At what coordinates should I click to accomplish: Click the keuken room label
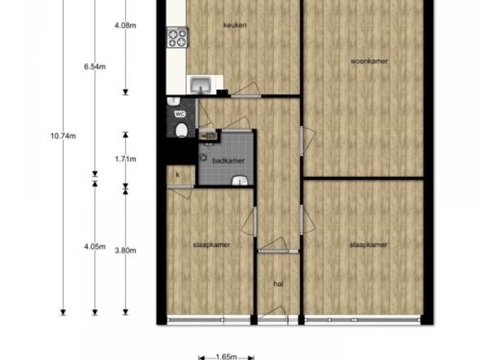pos(235,25)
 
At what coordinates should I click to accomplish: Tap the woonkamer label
pos(369,61)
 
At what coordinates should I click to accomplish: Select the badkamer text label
pos(228,160)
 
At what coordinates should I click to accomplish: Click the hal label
pos(278,284)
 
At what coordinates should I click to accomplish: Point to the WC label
pos(180,114)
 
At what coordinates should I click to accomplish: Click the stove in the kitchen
pos(177,37)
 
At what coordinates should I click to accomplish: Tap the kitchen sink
pos(200,85)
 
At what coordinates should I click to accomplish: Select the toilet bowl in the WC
pos(181,130)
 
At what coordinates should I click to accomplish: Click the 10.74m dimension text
pos(63,136)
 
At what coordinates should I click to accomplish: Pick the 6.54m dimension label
pos(95,67)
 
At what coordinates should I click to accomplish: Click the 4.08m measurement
pos(125,25)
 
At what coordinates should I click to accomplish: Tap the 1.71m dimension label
pos(125,159)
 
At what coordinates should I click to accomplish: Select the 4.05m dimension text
pos(95,247)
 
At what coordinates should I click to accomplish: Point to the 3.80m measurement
pos(125,250)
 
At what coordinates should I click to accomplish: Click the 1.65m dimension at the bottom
pos(226,357)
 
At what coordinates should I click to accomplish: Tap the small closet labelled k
pos(181,175)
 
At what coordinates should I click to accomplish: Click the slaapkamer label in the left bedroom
pos(211,245)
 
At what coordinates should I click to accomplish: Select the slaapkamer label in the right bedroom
pos(368,244)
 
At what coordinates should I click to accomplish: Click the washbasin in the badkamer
pos(239,180)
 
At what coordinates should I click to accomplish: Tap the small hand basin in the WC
pos(174,100)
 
